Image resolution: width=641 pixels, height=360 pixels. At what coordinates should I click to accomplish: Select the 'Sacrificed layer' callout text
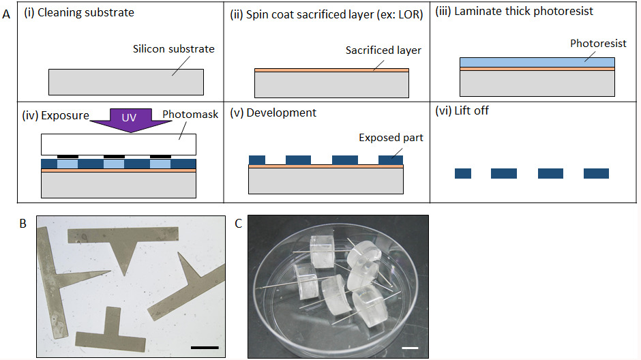tap(383, 50)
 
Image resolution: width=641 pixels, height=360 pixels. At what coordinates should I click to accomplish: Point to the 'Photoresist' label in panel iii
tap(598, 43)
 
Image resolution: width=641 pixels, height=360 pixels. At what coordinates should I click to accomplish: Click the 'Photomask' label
tap(191, 115)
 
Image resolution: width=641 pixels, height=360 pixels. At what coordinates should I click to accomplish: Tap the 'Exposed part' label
tap(391, 138)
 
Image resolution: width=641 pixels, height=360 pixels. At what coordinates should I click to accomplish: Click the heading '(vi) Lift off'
tap(462, 110)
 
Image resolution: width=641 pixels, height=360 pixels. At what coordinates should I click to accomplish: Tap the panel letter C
tap(238, 223)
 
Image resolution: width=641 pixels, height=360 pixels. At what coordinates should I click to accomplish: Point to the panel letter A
tap(6, 12)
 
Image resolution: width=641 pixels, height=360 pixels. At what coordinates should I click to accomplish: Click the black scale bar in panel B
tap(205, 347)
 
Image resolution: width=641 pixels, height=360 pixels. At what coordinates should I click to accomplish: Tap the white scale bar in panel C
tap(409, 348)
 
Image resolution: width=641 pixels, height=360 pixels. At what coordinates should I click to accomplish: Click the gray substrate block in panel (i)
tap(126, 82)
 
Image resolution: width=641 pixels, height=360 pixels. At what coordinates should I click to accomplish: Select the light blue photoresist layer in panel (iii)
tap(537, 62)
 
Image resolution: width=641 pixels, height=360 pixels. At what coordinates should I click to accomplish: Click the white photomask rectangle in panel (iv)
tap(119, 144)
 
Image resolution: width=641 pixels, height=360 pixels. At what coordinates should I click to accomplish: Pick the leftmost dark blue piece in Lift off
tap(464, 173)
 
